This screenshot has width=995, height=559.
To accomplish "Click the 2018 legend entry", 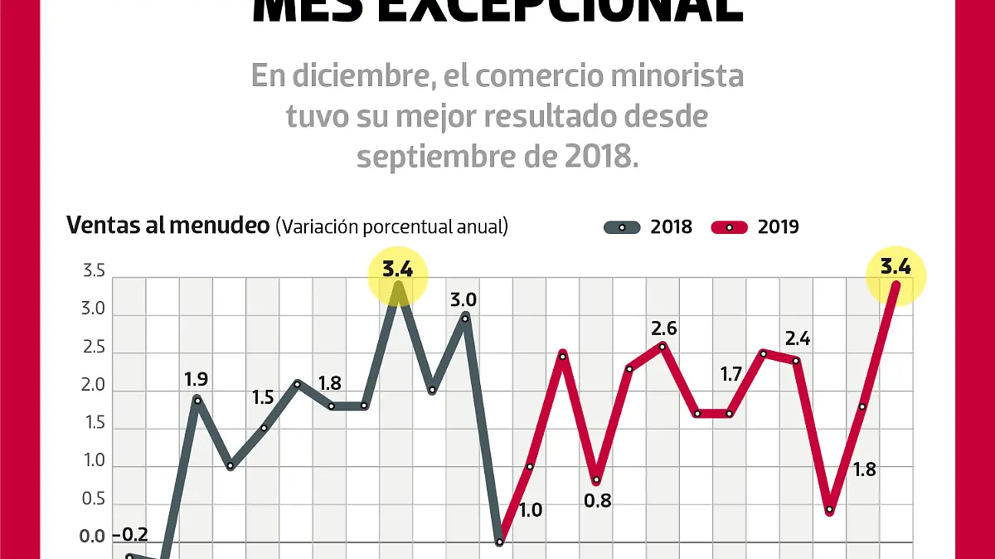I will point(648,226).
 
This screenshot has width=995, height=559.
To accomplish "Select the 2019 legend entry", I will point(755,226).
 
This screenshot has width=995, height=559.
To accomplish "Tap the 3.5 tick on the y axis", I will point(93,272).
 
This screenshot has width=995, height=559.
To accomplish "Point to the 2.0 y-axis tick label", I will point(93,386).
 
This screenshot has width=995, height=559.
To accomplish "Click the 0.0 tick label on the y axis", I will point(93,536).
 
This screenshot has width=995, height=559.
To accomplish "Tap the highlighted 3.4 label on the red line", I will point(895,268).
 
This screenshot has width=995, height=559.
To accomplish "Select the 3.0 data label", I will point(464,299).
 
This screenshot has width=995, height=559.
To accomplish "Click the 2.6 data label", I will point(663,328).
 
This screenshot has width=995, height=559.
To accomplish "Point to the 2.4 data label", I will point(797,338).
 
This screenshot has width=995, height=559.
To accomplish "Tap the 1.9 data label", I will point(196,380).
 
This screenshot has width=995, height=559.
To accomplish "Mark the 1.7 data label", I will point(730,374).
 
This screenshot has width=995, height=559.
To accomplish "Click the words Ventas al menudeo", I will point(167,226).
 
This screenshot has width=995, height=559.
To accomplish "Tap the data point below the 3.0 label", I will point(464,318).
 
